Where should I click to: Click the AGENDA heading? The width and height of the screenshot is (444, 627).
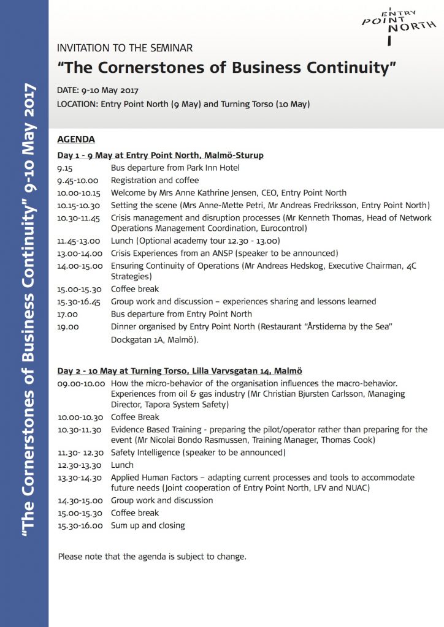coord(76,139)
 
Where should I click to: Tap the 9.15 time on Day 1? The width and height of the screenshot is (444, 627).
coord(65,168)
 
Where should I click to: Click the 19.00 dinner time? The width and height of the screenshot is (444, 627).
coord(67,326)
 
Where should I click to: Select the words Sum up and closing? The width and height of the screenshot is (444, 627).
coord(148,525)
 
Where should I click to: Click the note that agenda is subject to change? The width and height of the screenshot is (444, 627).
coord(152,557)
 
